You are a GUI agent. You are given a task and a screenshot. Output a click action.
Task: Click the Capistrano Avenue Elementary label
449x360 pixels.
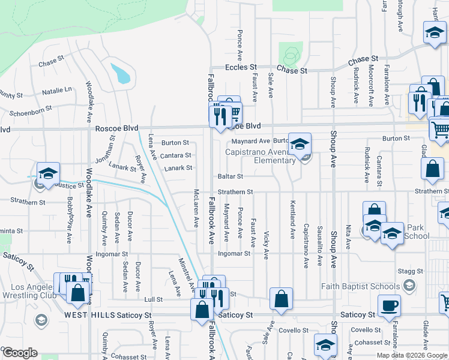click(261, 156)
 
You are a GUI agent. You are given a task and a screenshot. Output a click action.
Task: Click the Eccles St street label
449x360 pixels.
click(241, 68)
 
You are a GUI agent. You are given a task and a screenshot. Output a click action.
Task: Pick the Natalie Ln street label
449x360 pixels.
click(57, 91)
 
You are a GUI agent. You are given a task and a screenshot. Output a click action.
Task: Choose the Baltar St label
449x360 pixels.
click(230, 176)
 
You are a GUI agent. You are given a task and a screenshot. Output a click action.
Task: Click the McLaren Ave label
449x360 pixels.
click(196, 208)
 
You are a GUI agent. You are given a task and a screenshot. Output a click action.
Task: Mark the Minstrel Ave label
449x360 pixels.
click(186, 273)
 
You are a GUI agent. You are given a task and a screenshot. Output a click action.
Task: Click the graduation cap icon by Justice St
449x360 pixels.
click(48, 173)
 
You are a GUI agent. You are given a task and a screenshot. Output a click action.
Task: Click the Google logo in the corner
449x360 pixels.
click(20, 353)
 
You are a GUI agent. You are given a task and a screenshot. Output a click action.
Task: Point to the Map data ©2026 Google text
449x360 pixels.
click(412, 355)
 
